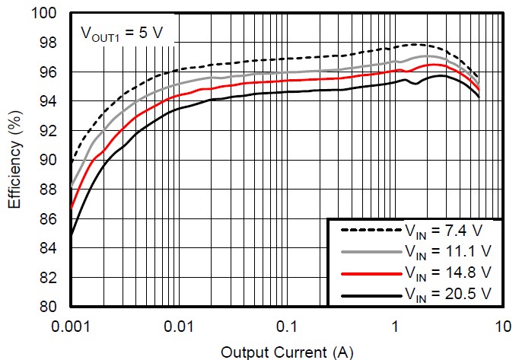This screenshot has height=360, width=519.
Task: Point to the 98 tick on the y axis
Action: [50, 43]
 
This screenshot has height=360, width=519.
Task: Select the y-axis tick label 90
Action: [50, 160]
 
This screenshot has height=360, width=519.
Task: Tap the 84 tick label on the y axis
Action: [50, 248]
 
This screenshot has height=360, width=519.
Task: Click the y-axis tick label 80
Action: [50, 307]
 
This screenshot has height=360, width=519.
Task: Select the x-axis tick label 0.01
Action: [180, 327]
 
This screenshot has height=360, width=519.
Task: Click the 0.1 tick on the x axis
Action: [288, 327]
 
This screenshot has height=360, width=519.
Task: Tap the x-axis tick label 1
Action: [396, 327]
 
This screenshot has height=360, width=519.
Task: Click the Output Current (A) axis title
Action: [287, 351]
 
